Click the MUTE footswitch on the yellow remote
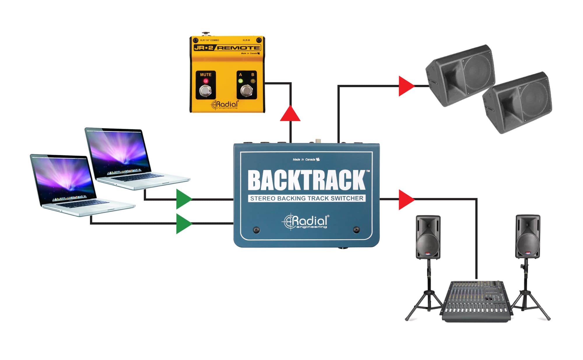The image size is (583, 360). coord(206,91)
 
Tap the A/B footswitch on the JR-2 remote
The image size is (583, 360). coord(247,91)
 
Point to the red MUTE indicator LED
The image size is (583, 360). coord(206,81)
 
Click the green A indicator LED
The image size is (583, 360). coord(240,81)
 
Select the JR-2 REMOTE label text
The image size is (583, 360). coord(227,48)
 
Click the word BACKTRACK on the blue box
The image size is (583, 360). coord(307,180)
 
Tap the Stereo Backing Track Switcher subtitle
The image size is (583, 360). coord(307,198)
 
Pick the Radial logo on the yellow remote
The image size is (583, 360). coord(225,105)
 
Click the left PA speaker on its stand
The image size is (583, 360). coord(428,237)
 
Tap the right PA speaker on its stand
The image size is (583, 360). coord(528,237)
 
